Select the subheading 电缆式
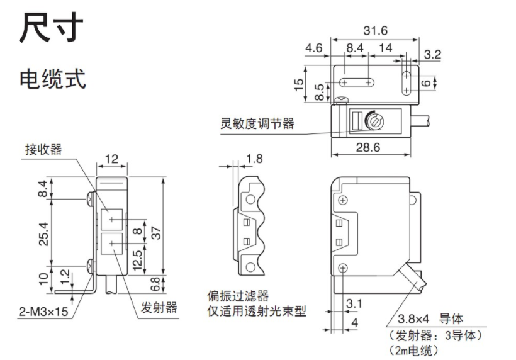(53, 79)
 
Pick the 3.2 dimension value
(432, 55)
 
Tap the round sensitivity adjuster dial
(376, 118)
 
